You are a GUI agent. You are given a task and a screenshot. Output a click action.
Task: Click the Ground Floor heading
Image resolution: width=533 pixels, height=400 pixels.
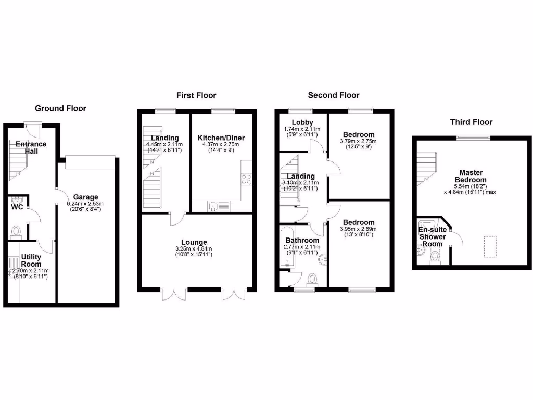(60, 108)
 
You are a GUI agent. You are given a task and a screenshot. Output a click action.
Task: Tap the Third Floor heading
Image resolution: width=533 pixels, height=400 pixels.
(471, 122)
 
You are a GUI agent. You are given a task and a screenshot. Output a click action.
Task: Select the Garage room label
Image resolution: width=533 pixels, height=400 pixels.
(85, 197)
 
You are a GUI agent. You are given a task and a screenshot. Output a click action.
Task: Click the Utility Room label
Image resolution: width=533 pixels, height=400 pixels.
(31, 260)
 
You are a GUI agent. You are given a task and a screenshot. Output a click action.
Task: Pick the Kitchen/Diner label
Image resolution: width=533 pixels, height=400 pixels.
(221, 137)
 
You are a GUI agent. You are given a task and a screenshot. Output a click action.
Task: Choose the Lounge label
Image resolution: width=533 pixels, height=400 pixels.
(194, 242)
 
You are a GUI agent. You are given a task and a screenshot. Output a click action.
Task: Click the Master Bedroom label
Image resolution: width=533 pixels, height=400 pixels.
(471, 176)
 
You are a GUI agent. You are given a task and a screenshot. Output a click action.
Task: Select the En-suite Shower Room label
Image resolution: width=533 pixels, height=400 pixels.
(433, 236)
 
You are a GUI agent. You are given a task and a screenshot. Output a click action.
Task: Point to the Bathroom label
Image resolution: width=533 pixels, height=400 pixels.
(302, 240)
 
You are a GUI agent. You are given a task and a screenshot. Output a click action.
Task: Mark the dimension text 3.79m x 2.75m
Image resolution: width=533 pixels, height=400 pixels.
(358, 141)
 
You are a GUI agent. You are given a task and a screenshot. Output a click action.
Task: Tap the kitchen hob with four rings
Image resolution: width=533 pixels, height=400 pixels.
(247, 179)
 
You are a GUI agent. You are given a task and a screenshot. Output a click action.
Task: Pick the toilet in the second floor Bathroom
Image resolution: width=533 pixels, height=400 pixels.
(312, 280)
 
